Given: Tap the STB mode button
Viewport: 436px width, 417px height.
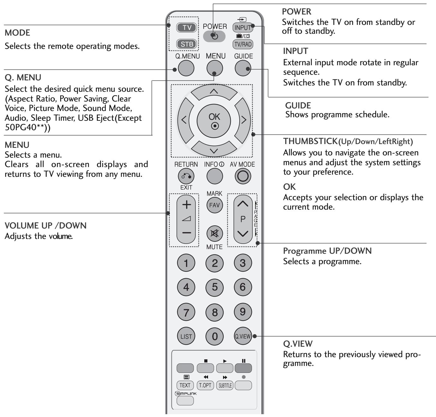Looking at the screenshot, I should (187, 44).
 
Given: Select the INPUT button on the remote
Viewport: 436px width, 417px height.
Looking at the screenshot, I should (243, 27).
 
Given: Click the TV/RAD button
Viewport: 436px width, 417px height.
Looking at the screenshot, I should (243, 44).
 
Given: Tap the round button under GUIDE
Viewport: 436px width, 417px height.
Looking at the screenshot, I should (243, 68).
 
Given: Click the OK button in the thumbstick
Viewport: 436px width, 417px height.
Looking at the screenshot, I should (215, 120).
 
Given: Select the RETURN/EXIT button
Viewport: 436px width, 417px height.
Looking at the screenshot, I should (186, 177).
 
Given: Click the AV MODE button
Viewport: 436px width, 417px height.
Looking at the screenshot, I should (243, 177).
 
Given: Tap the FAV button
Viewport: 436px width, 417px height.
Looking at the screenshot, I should (214, 205).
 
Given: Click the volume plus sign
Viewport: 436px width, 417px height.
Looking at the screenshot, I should (187, 205).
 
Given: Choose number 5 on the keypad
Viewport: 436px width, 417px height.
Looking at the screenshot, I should (215, 287).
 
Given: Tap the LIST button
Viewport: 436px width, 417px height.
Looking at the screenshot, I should (186, 337).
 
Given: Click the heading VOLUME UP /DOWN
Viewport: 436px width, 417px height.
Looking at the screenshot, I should (45, 226).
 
